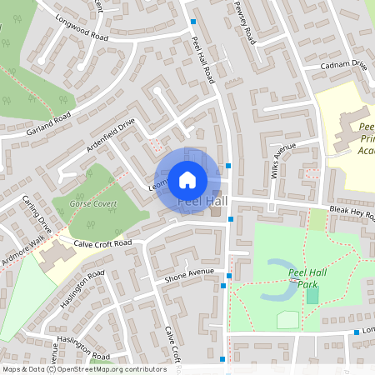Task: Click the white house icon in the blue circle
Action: point(187,178)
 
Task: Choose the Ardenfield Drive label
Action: point(109,137)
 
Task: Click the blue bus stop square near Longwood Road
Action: point(194,22)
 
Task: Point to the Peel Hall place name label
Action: point(202,202)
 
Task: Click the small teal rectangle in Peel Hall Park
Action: point(312,294)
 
